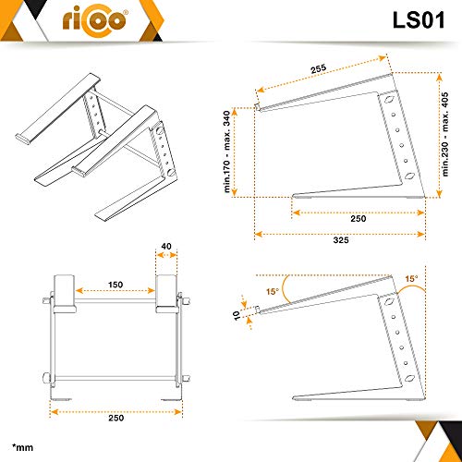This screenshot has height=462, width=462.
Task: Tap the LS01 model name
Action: point(419,20)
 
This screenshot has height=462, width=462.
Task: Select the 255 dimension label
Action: point(318,68)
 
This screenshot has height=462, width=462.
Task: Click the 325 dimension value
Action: point(341,240)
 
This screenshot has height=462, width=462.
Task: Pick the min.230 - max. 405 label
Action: point(445,134)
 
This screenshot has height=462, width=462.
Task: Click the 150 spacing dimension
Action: point(115,285)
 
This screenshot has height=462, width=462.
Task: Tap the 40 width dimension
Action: point(166,247)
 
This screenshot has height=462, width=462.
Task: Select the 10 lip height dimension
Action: point(237,315)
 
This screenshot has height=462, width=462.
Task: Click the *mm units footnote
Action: point(22,447)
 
